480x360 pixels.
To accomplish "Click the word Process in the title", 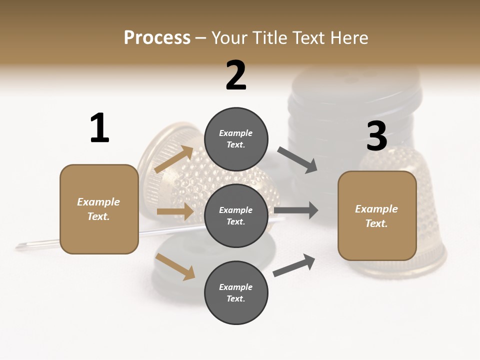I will click(157, 38).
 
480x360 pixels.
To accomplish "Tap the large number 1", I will click(99, 128).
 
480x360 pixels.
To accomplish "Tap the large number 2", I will click(236, 75).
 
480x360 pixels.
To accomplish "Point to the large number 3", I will click(376, 136).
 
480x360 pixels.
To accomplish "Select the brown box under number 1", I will click(99, 209).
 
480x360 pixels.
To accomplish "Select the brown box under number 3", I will click(377, 216).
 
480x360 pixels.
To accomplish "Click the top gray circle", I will click(236, 139).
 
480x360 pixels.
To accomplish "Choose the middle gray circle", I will click(236, 216).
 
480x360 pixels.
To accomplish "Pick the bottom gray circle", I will click(236, 293).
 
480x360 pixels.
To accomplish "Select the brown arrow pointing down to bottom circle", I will click(175, 266).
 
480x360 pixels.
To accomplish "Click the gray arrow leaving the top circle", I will click(297, 160).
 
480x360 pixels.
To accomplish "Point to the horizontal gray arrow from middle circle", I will click(296, 210).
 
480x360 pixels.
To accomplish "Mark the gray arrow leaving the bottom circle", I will click(294, 265).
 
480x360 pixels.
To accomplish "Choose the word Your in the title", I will click(229, 38).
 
